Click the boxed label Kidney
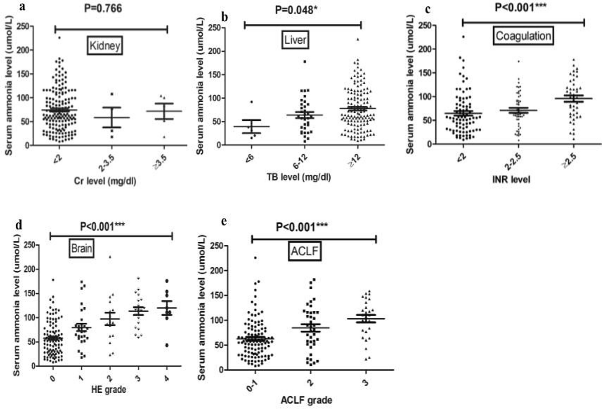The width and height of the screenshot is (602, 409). click(105, 46)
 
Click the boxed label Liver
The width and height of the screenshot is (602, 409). click(295, 40)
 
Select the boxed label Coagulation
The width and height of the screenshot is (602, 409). click(523, 36)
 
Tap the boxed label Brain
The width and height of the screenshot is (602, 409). click(81, 248)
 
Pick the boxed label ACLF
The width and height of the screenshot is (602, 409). click(304, 251)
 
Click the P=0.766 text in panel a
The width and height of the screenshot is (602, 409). click(103, 8)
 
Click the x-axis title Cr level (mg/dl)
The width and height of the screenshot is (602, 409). click(105, 181)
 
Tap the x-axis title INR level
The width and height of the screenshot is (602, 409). click(511, 179)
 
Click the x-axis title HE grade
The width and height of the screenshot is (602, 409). click(108, 389)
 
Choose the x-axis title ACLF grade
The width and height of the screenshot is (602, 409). click(306, 400)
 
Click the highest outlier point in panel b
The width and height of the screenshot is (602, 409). click(357, 39)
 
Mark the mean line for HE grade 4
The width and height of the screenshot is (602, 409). click(167, 308)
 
